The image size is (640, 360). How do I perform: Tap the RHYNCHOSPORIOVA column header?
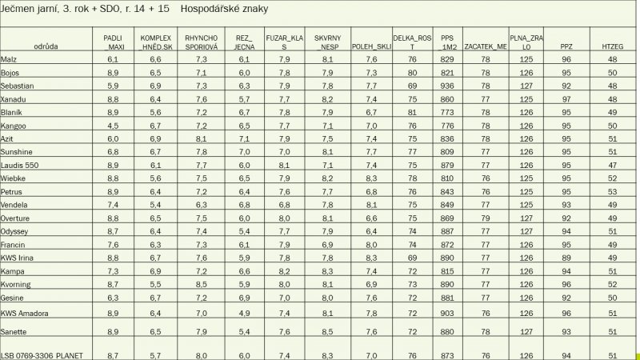pos(201,42)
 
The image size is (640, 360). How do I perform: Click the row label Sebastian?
pos(18,86)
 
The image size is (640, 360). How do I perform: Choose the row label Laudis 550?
pos(20,165)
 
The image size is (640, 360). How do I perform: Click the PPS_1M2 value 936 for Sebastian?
pos(447,86)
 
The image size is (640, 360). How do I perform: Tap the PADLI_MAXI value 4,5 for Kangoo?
pos(113,126)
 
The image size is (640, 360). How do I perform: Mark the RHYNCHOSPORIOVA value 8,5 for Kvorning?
pos(202,284)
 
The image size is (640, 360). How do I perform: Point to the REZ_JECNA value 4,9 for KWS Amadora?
pos(245,312)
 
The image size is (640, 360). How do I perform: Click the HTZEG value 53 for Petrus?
pos(612,192)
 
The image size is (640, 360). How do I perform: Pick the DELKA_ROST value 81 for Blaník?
pos(412,113)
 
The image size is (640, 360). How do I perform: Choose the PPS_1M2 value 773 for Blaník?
pos(447,113)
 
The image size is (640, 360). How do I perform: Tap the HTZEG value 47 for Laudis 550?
pos(612,165)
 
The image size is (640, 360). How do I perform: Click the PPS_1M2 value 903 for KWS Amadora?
pos(447,312)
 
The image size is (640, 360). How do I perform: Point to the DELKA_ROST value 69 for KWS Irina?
pos(412,258)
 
